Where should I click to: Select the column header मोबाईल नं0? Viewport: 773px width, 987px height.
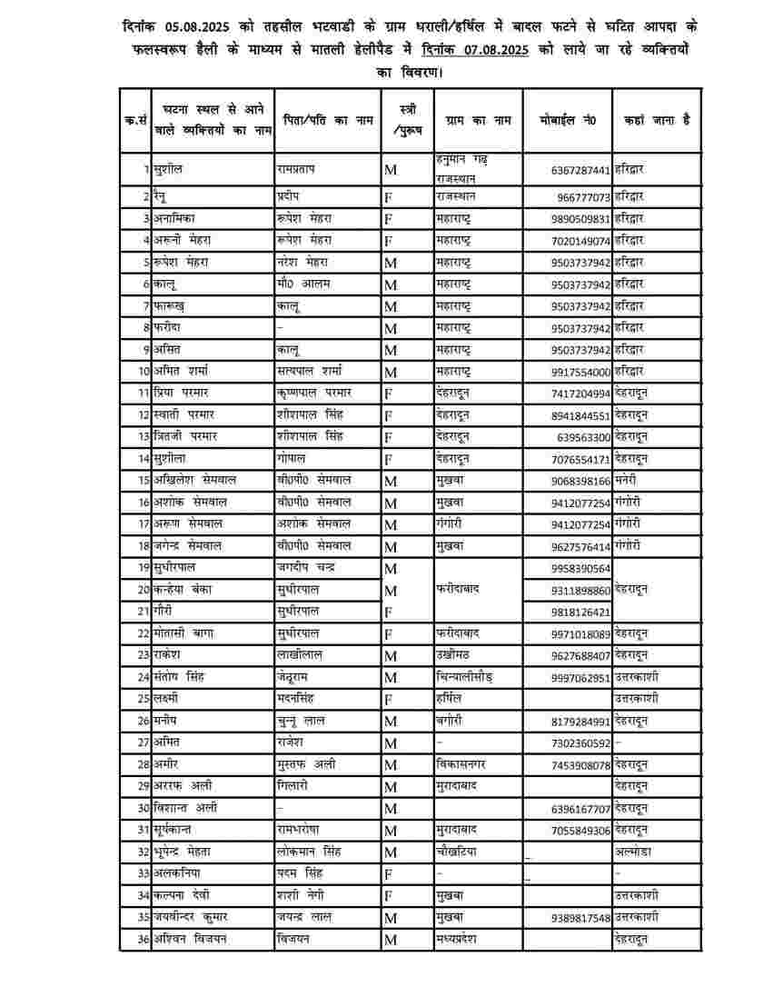567,119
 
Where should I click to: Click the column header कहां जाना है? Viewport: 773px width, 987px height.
657,119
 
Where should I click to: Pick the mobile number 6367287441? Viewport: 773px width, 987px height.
581,170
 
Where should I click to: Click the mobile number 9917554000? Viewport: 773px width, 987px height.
581,371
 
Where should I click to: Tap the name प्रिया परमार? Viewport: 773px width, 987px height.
182,393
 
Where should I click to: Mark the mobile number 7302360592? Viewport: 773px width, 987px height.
581,743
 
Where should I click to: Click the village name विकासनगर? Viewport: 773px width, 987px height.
464,764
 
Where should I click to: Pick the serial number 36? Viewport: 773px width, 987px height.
143,939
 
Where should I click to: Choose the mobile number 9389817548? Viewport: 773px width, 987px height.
581,918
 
